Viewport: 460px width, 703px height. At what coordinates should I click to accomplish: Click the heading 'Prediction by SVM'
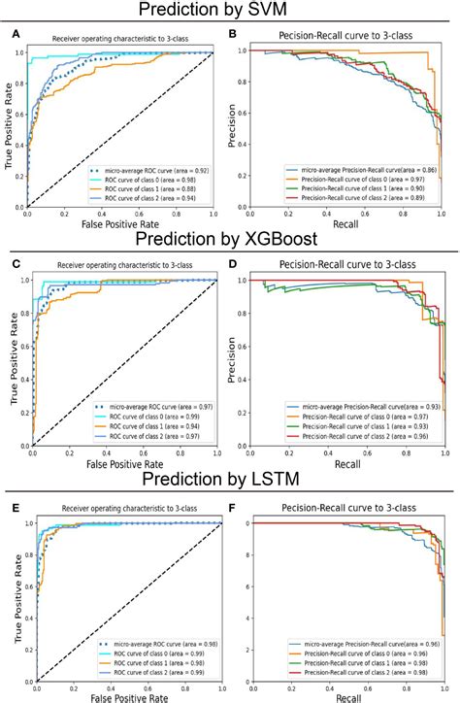pos(229,12)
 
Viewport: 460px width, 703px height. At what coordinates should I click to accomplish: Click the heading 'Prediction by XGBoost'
pos(229,240)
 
